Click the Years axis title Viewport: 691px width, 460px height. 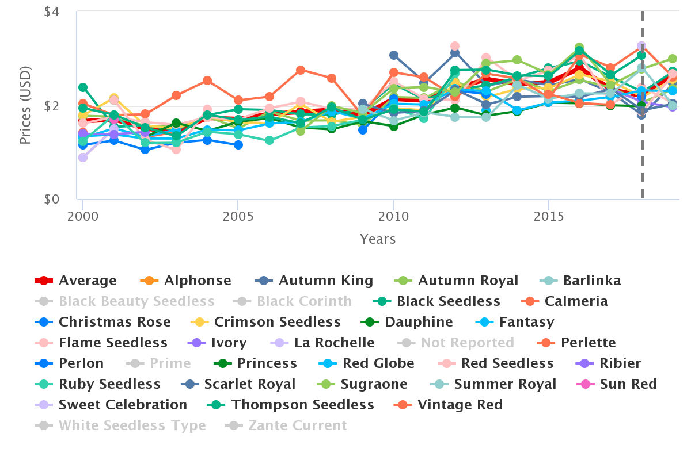coord(378,239)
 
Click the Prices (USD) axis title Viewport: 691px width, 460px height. coord(25,106)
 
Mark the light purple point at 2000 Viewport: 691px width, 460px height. coord(83,158)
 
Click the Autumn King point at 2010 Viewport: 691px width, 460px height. coord(394,55)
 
